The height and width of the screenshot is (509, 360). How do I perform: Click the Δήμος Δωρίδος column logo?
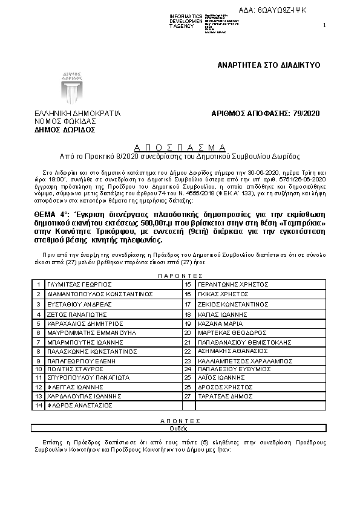tap(72, 88)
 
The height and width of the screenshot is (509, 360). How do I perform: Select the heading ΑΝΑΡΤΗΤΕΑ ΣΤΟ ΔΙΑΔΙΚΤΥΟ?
tap(269, 65)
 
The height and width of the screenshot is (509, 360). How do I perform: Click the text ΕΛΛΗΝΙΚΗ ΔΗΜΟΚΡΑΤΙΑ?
tap(77, 113)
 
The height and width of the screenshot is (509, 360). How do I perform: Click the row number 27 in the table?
tap(188, 396)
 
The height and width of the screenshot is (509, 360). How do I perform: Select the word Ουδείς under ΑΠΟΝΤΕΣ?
tap(180, 427)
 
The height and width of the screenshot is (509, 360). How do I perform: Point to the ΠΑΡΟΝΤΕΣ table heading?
tap(179, 274)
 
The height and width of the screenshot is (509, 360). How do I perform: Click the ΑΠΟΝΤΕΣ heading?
tap(180, 420)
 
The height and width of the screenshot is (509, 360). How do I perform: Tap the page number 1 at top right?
tap(325, 25)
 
